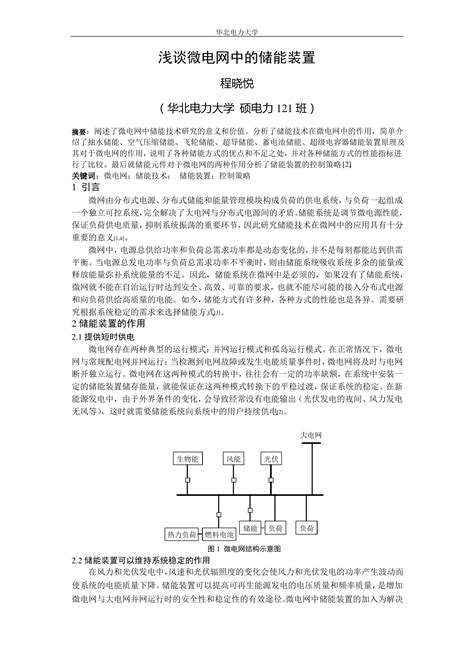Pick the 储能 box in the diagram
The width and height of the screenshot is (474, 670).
251,526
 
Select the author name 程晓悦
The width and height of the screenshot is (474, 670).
237,86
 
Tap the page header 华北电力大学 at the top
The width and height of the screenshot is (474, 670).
237,15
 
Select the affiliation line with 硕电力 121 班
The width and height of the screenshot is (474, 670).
237,110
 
